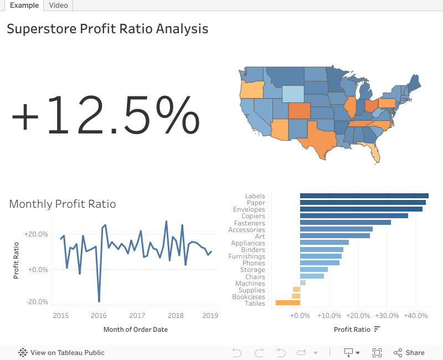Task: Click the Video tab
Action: point(58,5)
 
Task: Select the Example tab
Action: point(24,5)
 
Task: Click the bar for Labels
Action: point(364,196)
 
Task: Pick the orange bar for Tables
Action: point(287,303)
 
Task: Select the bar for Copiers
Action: point(354,216)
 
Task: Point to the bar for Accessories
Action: point(336,229)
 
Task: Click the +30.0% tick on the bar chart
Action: point(387,316)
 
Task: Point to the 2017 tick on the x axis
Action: point(137,316)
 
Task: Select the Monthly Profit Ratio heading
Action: point(63,204)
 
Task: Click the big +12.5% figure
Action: point(105,115)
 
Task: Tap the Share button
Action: point(409,352)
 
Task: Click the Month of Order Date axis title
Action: point(136,330)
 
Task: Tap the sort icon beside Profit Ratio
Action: point(377,330)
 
